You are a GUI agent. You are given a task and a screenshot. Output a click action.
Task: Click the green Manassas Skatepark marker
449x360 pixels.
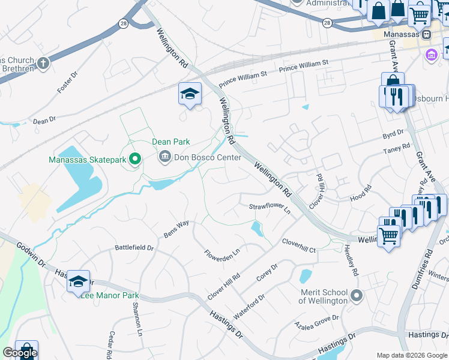click(135, 159)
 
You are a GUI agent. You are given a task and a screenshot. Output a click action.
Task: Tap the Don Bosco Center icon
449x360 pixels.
click(164, 158)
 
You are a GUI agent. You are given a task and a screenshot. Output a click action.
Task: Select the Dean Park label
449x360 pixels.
click(170, 142)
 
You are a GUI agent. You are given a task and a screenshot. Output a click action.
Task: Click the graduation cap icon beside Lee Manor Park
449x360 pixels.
click(78, 281)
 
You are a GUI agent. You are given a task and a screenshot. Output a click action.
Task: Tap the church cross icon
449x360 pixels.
click(43, 63)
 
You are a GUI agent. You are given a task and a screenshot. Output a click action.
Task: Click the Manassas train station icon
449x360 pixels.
click(426, 34)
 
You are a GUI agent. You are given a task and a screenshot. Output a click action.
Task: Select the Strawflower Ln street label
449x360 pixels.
click(270, 208)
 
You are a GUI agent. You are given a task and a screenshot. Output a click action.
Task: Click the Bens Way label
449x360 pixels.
click(176, 229)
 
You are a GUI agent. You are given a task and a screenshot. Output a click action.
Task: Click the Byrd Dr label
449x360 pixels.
click(393, 133)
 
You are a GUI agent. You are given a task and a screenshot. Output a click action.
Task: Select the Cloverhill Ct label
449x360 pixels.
click(299, 245)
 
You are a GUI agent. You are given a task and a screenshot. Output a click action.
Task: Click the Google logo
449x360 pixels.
click(19, 352)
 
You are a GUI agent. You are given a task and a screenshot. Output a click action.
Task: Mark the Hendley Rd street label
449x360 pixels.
click(351, 261)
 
